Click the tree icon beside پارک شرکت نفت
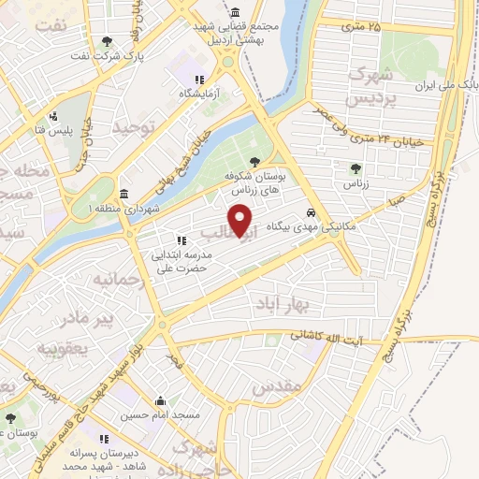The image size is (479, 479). [x=108, y=41]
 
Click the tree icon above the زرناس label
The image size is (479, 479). [x=355, y=169]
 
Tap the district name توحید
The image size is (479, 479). [x=132, y=124]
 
